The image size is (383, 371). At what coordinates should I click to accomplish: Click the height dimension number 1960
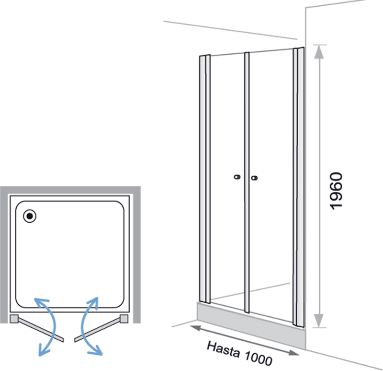[337, 191]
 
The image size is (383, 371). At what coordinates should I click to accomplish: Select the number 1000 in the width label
[258, 358]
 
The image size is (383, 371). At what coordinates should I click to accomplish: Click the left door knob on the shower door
[237, 177]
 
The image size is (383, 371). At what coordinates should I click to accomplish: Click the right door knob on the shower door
[254, 178]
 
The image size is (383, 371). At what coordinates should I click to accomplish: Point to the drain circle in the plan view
[30, 216]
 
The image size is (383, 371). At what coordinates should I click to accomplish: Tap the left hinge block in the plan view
[14, 319]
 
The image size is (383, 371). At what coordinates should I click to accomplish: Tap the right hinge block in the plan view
[124, 319]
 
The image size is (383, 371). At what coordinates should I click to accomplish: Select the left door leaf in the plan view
[41, 329]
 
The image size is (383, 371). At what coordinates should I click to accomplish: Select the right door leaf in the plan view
[98, 329]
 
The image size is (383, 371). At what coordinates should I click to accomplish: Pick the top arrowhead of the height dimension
[319, 52]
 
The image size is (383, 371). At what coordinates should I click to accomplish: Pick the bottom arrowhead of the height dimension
[319, 320]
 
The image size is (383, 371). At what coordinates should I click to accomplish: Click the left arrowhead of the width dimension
[195, 328]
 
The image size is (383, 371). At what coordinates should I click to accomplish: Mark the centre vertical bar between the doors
[247, 182]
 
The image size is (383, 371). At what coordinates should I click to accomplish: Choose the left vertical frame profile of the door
[205, 179]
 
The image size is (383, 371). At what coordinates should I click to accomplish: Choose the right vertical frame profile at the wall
[298, 187]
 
